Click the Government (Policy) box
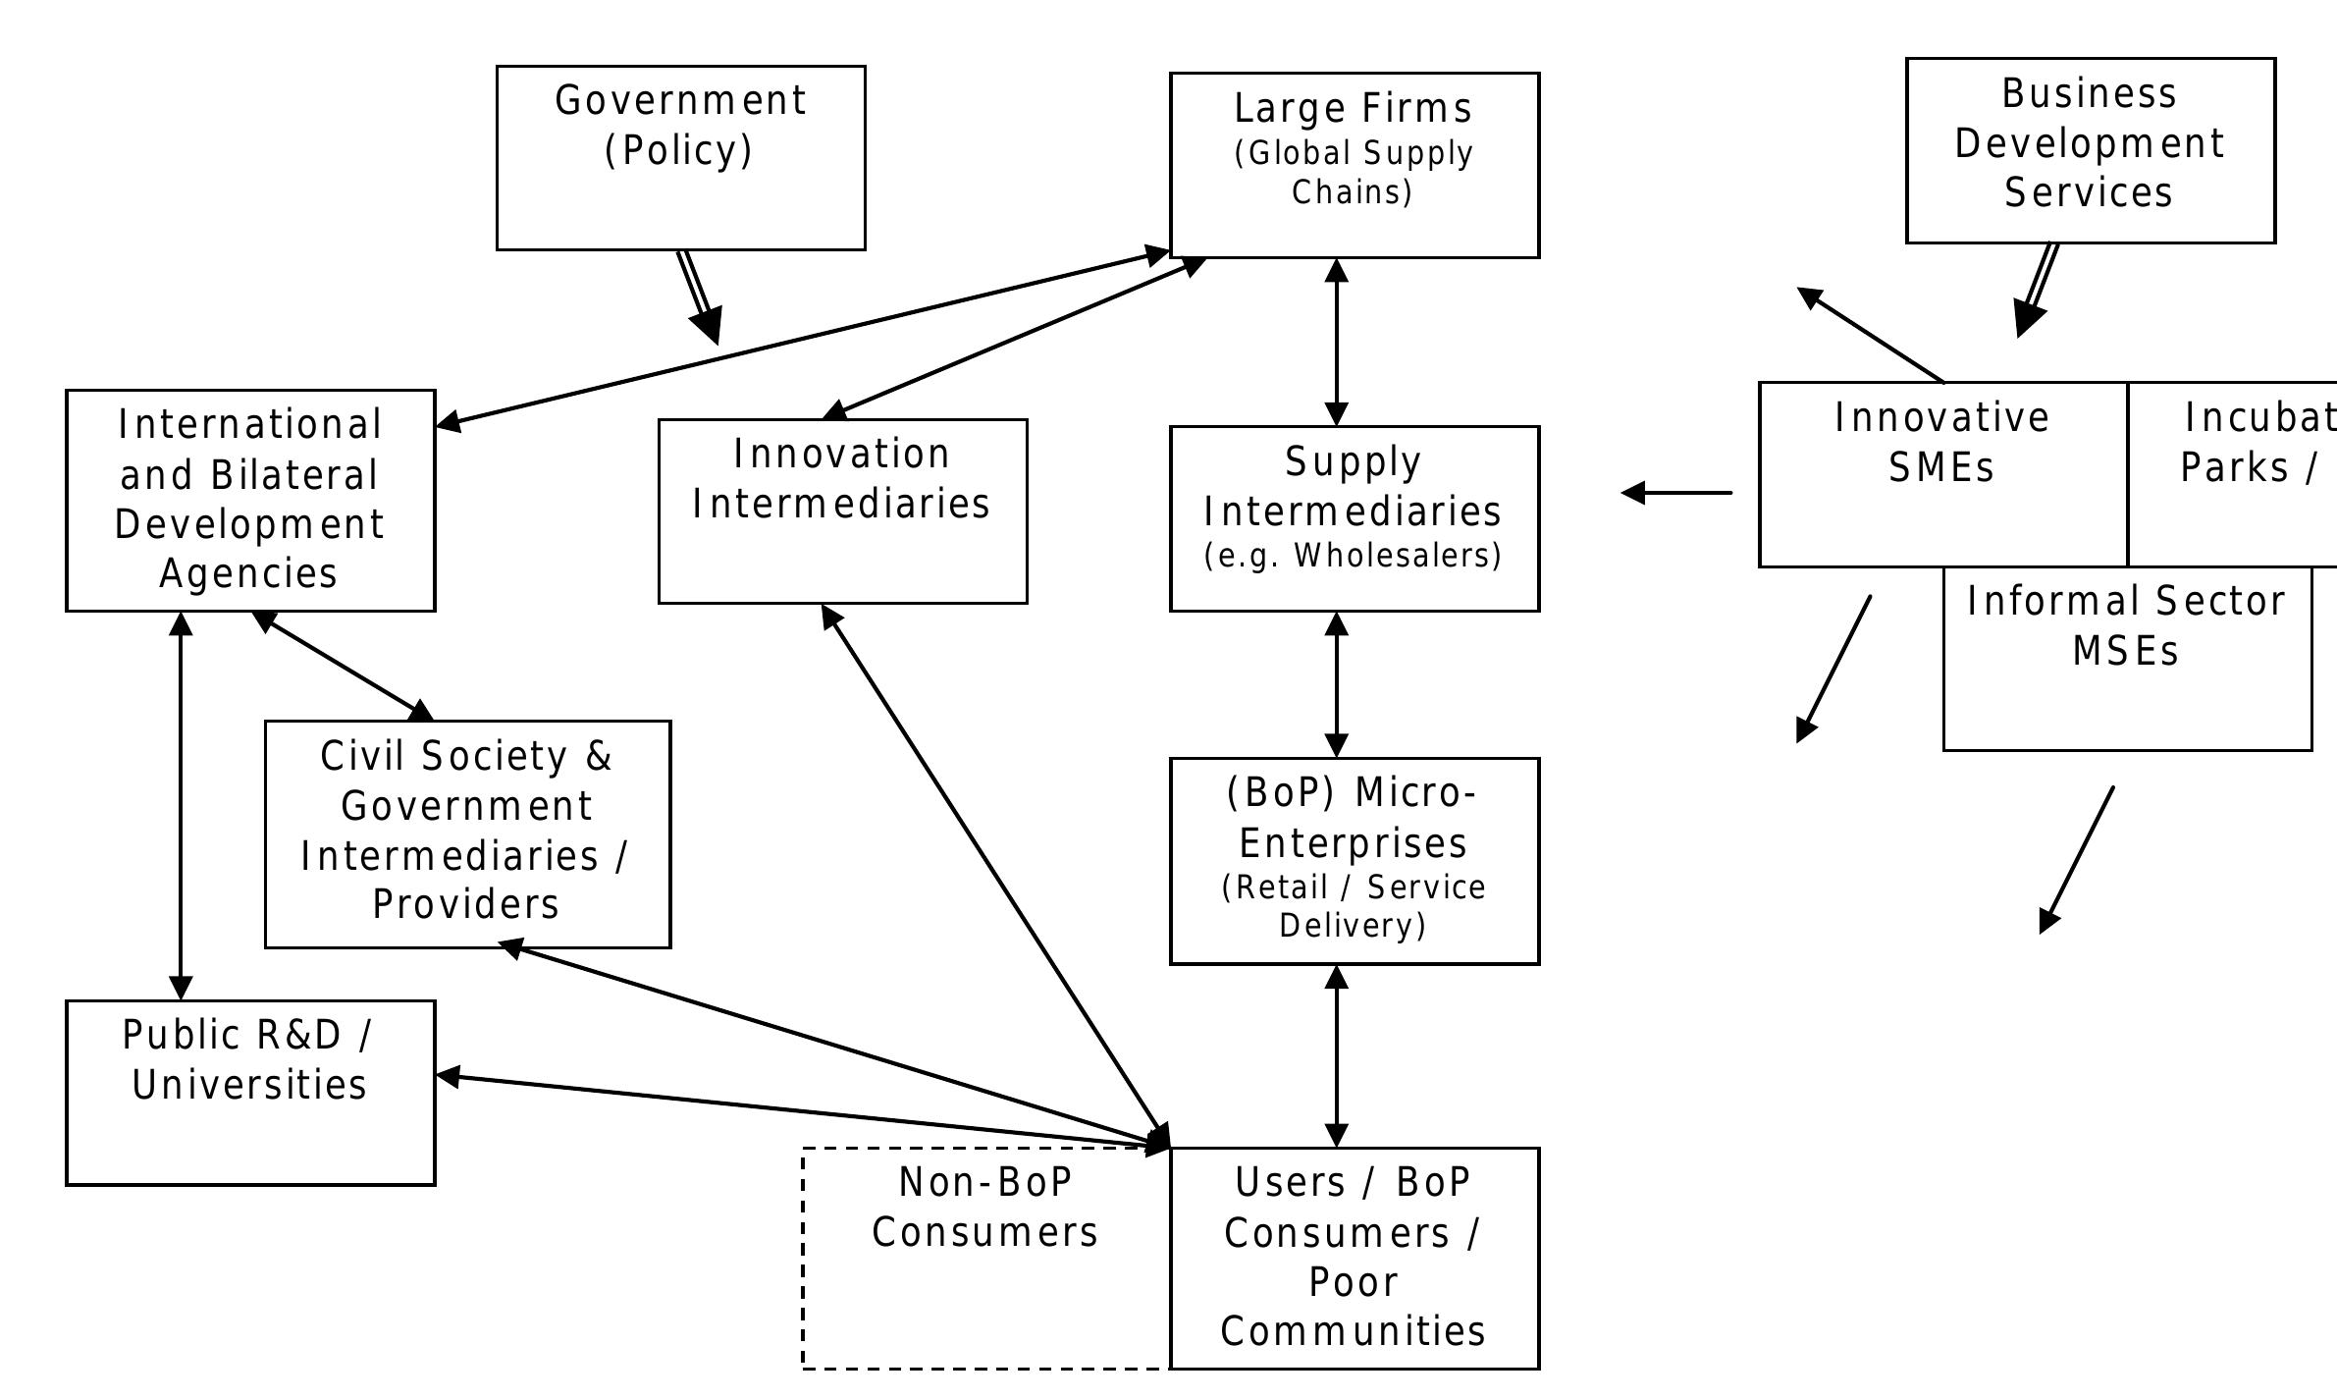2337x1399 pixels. pyautogui.click(x=680, y=158)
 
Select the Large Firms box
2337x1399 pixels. pyautogui.click(x=1354, y=165)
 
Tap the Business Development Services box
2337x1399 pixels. pyautogui.click(x=2090, y=150)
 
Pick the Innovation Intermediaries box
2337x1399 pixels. pyautogui.click(x=842, y=511)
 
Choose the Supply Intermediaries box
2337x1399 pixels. pyautogui.click(x=1354, y=518)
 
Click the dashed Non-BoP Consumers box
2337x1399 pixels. pyautogui.click(x=984, y=1257)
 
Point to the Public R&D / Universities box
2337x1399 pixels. pyautogui.click(x=250, y=1093)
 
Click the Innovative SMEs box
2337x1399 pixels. pyautogui.click(x=1942, y=474)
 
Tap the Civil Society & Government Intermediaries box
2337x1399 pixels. pyautogui.click(x=467, y=834)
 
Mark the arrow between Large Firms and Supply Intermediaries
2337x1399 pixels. pyautogui.click(x=1336, y=342)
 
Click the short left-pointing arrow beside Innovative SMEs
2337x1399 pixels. pyautogui.click(x=1676, y=492)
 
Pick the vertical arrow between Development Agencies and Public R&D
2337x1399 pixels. pyautogui.click(x=181, y=805)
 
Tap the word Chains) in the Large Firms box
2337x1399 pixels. pyautogui.click(x=1352, y=192)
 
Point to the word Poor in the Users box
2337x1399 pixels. pyautogui.click(x=1353, y=1282)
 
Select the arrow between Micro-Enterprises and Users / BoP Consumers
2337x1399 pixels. pyautogui.click(x=1336, y=1055)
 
